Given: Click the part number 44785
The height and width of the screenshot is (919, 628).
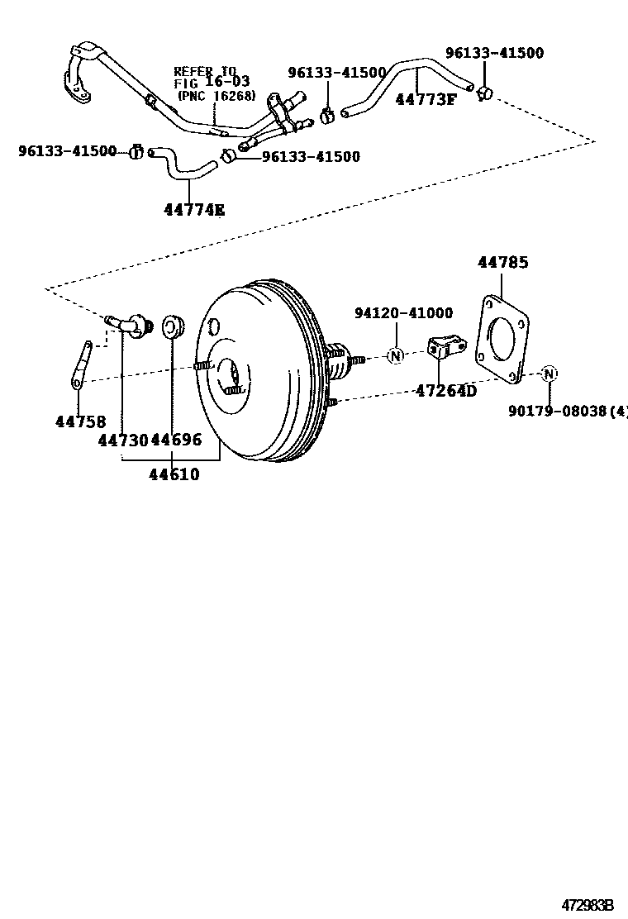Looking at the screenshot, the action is (502, 263).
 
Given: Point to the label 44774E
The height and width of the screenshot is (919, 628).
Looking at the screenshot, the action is (194, 210).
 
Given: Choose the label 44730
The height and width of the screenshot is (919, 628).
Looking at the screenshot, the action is (122, 440).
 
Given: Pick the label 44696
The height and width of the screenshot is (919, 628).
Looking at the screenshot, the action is (176, 440).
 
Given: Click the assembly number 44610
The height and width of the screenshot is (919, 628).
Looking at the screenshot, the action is (174, 474).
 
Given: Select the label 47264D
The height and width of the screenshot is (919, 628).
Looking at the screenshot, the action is (446, 391).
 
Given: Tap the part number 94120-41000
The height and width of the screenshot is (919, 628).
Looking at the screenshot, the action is (403, 313).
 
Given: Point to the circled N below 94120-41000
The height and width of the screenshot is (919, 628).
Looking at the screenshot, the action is (395, 356).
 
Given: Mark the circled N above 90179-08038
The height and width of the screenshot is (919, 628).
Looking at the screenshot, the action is (549, 374).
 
